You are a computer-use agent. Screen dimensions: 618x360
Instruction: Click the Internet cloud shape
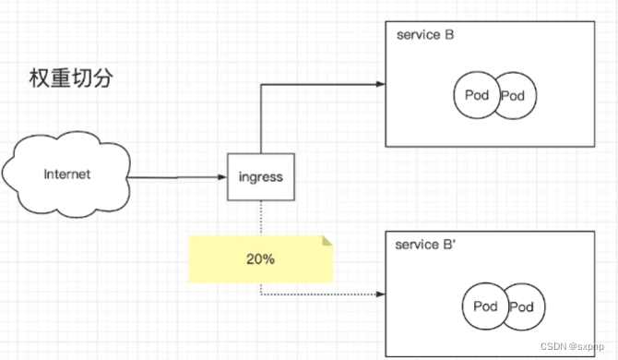coord(66,174)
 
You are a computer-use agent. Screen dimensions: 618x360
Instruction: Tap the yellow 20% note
coord(260,259)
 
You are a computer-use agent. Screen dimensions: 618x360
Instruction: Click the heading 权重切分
coord(71,78)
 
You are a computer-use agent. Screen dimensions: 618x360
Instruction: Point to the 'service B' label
coord(425,35)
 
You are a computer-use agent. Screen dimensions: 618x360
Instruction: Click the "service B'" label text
coord(425,245)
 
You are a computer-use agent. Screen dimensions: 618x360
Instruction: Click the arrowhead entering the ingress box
coord(222,177)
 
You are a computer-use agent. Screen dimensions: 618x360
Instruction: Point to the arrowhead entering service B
coord(381,84)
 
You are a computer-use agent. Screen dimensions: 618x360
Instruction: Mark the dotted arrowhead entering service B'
coord(381,294)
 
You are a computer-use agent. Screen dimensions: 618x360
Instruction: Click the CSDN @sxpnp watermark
coord(572,346)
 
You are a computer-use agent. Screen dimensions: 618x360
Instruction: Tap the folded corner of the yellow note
coord(327,241)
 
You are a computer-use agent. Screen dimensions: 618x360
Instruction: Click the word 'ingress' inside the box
coord(260,177)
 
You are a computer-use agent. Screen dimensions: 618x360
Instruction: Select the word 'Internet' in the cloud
coord(67,174)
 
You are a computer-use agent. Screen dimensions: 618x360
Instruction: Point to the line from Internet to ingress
coord(177,177)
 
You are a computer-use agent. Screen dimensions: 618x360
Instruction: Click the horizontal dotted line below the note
coord(323,294)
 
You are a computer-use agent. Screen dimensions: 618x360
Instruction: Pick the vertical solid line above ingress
coord(260,119)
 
